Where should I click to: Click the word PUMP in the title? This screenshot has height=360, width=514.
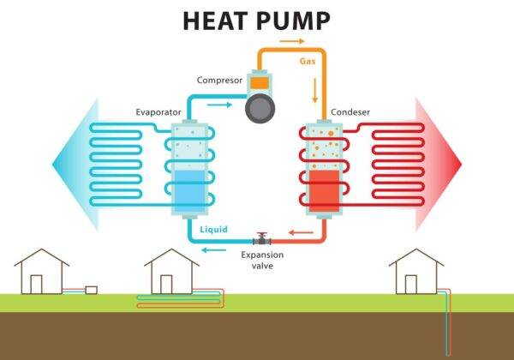pyautogui.click(x=294, y=21)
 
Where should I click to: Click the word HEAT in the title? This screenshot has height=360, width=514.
pyautogui.click(x=216, y=21)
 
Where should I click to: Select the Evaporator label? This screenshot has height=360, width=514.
pyautogui.click(x=157, y=112)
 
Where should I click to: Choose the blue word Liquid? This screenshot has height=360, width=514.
pyautogui.click(x=213, y=230)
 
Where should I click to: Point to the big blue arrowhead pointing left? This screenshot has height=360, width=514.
pyautogui.click(x=69, y=163)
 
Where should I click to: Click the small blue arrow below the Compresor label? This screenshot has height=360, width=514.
pyautogui.click(x=220, y=106)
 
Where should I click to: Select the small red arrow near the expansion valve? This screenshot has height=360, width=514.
pyautogui.click(x=297, y=232)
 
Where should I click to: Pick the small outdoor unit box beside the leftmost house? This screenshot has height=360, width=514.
pyautogui.click(x=91, y=290)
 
